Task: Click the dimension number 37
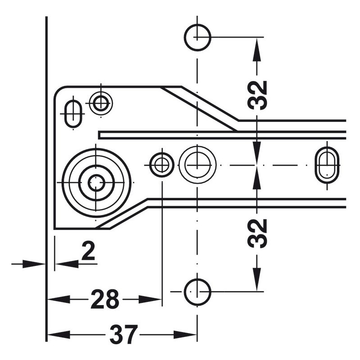pyautogui.click(x=122, y=335)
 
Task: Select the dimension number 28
pyautogui.click(x=104, y=300)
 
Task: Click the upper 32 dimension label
pyautogui.click(x=257, y=95)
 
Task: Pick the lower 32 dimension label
pyautogui.click(x=257, y=233)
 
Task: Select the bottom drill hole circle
pyautogui.click(x=198, y=292)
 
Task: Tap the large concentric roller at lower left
pyautogui.click(x=96, y=182)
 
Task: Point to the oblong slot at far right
pyautogui.click(x=327, y=165)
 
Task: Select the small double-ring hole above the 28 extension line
pyautogui.click(x=161, y=165)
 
